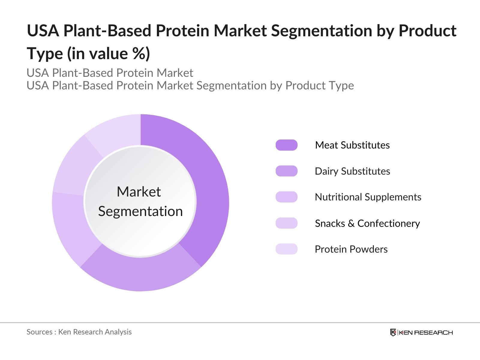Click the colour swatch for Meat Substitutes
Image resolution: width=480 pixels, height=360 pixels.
286,145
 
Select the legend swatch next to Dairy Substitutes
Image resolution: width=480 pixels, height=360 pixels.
286,171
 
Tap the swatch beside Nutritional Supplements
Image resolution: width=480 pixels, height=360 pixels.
286,197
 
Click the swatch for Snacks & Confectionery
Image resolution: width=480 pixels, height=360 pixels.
286,223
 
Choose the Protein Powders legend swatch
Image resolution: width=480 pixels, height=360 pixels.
286,249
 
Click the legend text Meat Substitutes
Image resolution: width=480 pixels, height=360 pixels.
352,145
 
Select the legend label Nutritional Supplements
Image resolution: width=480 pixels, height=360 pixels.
368,197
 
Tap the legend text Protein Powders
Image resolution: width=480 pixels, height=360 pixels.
351,249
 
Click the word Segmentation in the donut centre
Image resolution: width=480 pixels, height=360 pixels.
140,211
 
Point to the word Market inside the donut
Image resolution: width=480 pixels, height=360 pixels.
139,192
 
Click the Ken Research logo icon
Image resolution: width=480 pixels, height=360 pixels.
393,332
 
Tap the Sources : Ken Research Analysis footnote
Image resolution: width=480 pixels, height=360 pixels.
79,332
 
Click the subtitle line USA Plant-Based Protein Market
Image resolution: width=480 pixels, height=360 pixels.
110,73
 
